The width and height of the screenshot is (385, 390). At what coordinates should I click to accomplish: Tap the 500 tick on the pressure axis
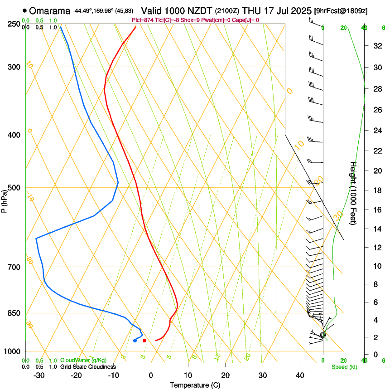(14, 188)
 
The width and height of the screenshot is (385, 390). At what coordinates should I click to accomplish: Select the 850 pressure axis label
(14, 313)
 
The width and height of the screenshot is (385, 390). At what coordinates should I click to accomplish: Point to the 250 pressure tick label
(14, 24)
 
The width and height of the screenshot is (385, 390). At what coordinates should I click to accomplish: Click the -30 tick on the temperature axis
(39, 375)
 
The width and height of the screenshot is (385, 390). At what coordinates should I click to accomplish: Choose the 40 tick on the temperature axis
(299, 375)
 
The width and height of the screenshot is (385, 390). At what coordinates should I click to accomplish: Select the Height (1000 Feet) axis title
(354, 193)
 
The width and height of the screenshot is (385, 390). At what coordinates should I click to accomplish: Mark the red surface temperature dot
(144, 341)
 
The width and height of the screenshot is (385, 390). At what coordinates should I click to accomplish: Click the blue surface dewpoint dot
(135, 341)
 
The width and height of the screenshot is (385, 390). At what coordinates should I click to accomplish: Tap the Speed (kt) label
(344, 367)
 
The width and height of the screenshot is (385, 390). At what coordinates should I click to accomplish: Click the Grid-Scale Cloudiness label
(88, 366)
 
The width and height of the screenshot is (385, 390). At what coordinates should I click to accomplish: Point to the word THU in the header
(252, 10)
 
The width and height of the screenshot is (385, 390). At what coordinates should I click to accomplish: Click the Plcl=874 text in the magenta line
(142, 20)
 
